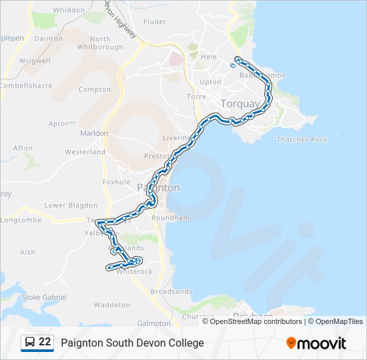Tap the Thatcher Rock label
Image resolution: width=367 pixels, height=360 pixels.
tap(302, 139)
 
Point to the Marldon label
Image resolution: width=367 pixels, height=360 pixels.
tap(94, 133)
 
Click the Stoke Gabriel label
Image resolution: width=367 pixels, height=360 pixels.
tap(45, 297)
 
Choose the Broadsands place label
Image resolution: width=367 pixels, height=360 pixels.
tap(171, 291)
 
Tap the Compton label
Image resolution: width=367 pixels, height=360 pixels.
tap(95, 89)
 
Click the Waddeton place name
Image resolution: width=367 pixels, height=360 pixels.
tap(112, 305)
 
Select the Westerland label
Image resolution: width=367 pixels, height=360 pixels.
tap(85, 152)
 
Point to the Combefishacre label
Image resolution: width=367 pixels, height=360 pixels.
tap(26, 85)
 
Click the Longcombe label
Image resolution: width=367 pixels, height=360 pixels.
tap(21, 220)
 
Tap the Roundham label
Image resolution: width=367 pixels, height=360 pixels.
tap(171, 218)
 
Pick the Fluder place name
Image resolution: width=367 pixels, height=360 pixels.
tap(155, 21)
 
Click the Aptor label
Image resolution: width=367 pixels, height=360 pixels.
tap(58, 124)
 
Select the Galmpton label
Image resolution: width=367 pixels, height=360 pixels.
tap(153, 323)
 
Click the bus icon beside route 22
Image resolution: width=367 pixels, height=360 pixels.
tap(30, 343)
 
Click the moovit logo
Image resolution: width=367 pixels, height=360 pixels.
tap(316, 343)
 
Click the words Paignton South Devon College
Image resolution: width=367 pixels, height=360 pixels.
tap(133, 343)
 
